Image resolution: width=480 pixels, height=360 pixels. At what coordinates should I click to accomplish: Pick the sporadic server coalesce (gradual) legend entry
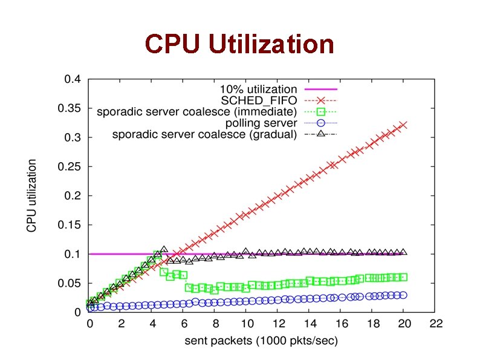pyautogui.click(x=204, y=134)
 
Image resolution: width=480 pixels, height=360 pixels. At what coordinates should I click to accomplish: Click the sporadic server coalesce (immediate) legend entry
pyautogui.click(x=196, y=111)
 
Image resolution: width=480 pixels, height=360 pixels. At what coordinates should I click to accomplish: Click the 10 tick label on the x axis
pyautogui.click(x=247, y=324)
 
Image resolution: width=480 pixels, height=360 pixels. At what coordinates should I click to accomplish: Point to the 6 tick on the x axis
pyautogui.click(x=184, y=324)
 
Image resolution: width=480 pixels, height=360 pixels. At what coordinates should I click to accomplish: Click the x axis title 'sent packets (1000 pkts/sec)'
pyautogui.click(x=261, y=341)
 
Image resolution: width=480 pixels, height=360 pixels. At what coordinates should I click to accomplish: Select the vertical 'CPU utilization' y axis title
pyautogui.click(x=31, y=195)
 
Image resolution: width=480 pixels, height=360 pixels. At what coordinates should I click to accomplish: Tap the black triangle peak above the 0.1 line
pyautogui.click(x=164, y=249)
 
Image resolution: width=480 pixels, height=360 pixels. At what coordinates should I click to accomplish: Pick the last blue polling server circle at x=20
pyautogui.click(x=404, y=295)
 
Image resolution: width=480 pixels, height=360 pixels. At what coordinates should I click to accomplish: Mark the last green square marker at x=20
pyautogui.click(x=404, y=277)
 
